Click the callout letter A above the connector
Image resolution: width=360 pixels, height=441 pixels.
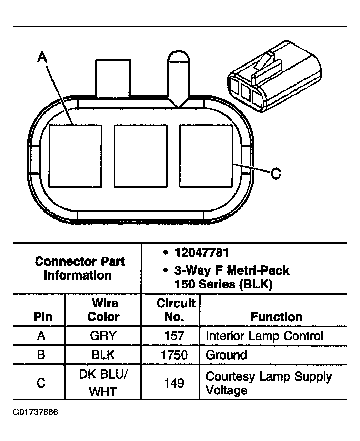coord(42,57)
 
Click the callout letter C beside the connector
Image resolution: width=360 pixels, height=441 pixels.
coord(276,174)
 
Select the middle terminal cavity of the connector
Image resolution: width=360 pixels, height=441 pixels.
coord(141,156)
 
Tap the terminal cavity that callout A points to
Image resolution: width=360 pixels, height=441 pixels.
coord(75,156)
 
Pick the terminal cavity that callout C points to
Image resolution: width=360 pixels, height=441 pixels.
coord(206,156)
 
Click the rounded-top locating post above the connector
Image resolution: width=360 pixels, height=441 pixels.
coord(178,79)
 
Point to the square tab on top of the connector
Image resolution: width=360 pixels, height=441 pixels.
coord(113,78)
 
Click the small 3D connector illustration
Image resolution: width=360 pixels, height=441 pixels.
coord(274,77)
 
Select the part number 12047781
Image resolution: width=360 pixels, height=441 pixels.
coord(202,253)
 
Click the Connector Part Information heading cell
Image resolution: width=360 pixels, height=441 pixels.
coord(80,268)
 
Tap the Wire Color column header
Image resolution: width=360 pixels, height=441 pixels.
coord(103,310)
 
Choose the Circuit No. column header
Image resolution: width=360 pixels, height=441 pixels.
coord(176,310)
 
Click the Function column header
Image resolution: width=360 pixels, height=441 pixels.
coord(277,317)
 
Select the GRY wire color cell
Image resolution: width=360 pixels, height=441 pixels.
coord(103,336)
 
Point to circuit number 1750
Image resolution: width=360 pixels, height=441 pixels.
coord(174,355)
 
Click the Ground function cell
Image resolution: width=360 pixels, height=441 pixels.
coord(226,355)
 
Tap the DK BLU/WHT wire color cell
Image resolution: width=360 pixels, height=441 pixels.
coord(103,383)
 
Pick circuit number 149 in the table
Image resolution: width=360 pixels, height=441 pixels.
coord(174,383)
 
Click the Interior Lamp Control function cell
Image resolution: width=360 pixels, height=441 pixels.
coord(264,336)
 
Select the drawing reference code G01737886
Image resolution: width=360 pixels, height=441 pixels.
coord(35,412)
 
